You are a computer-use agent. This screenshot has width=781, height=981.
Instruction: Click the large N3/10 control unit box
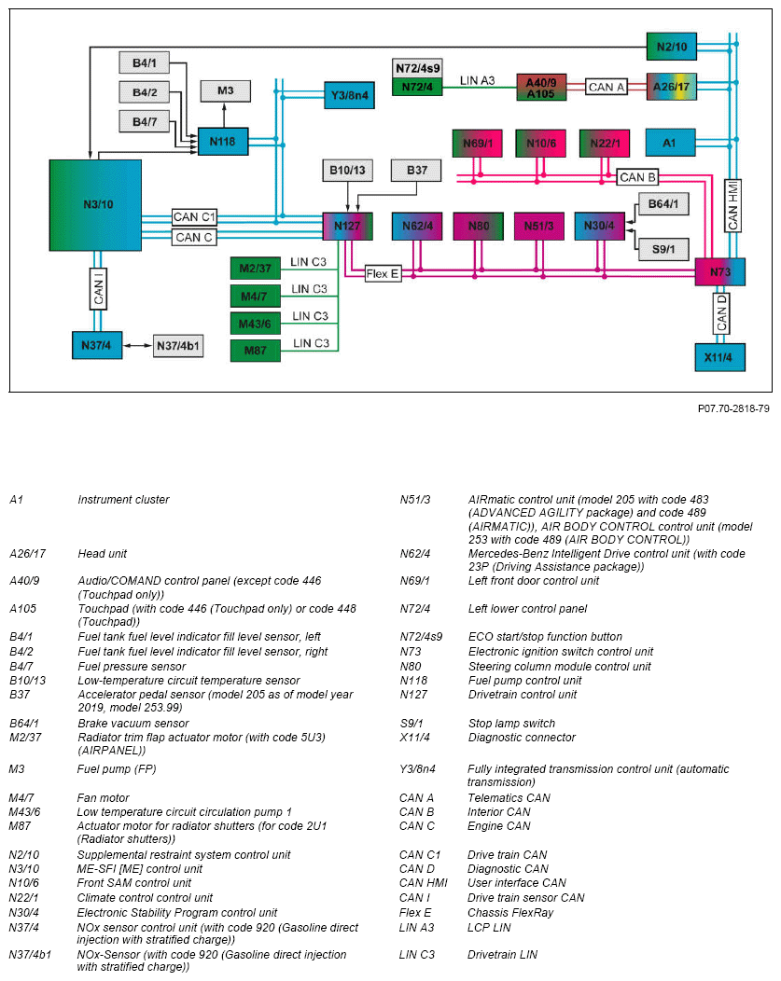95,205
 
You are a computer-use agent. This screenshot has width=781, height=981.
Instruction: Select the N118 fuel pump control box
223,142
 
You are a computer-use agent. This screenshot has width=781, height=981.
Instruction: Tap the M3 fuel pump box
226,90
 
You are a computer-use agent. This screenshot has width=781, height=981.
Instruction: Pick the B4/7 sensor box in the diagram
145,121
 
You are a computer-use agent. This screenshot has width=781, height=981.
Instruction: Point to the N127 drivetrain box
347,226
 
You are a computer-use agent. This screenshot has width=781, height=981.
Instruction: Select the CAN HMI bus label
733,206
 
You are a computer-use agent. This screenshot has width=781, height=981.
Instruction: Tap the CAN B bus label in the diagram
638,177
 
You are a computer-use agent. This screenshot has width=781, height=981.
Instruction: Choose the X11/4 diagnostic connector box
719,358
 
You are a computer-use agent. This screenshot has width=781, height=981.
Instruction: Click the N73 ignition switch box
719,272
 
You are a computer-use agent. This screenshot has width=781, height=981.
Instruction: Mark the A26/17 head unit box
672,87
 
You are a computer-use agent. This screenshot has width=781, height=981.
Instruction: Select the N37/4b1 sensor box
179,345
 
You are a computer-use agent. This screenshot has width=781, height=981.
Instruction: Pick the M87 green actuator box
256,351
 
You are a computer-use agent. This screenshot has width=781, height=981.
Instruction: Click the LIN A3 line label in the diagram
477,81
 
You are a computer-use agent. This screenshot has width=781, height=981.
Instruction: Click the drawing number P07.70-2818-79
733,408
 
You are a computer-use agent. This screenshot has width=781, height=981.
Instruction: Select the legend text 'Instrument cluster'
123,500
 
